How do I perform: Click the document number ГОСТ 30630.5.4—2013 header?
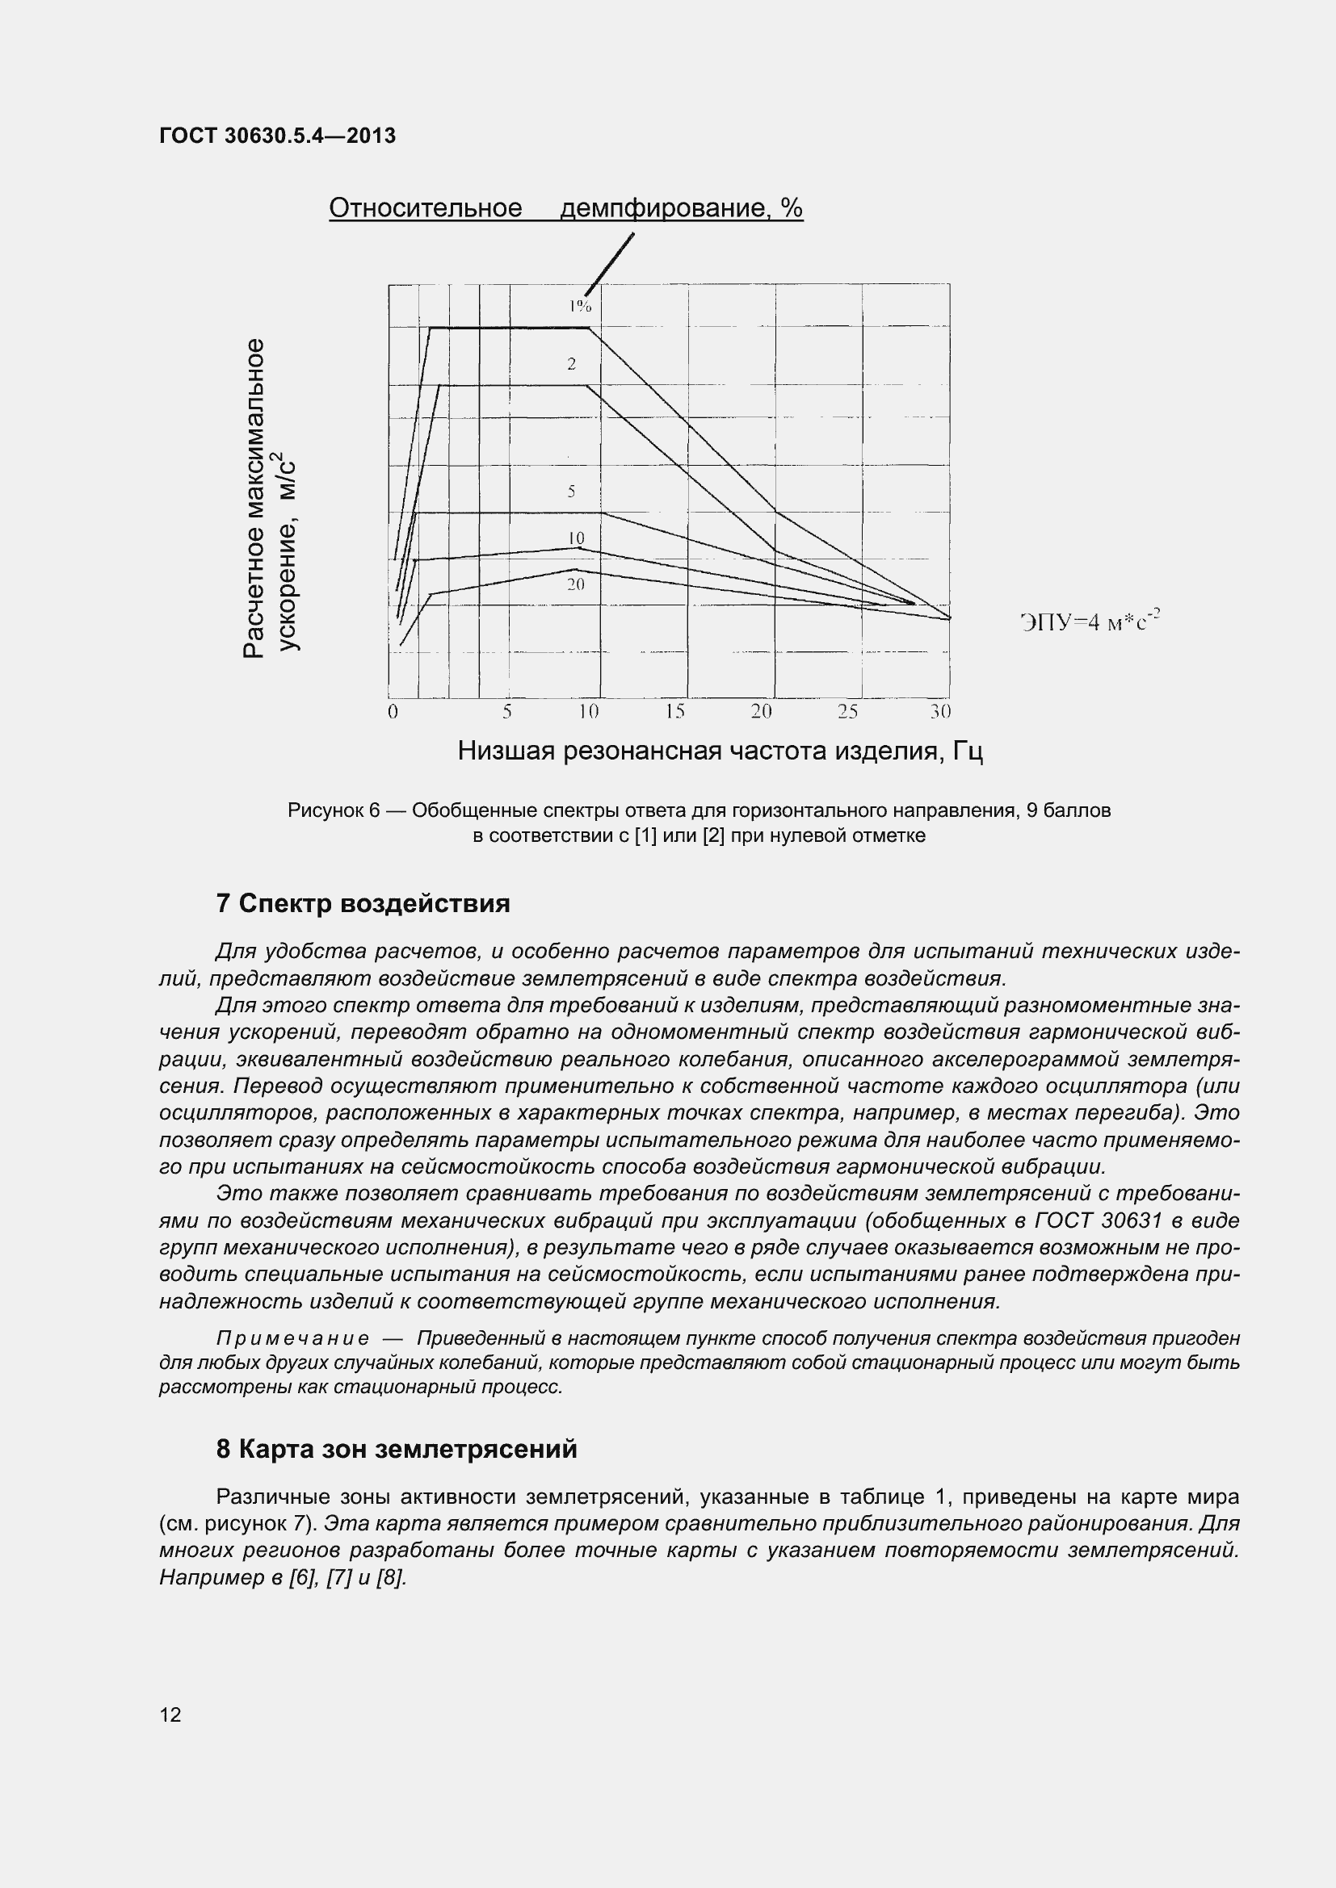(277, 136)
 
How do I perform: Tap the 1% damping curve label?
(580, 306)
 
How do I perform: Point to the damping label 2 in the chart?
(571, 364)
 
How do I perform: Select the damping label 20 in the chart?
(575, 584)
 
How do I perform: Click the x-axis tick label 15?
(674, 711)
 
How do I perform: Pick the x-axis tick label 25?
(847, 711)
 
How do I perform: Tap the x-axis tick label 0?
(393, 711)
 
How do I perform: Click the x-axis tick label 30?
(940, 711)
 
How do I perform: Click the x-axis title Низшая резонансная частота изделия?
(720, 751)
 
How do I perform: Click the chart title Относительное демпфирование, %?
(565, 208)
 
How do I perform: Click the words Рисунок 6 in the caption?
(333, 810)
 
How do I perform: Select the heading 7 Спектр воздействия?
(363, 904)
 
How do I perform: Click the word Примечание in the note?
(292, 1338)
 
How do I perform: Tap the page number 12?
(170, 1714)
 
